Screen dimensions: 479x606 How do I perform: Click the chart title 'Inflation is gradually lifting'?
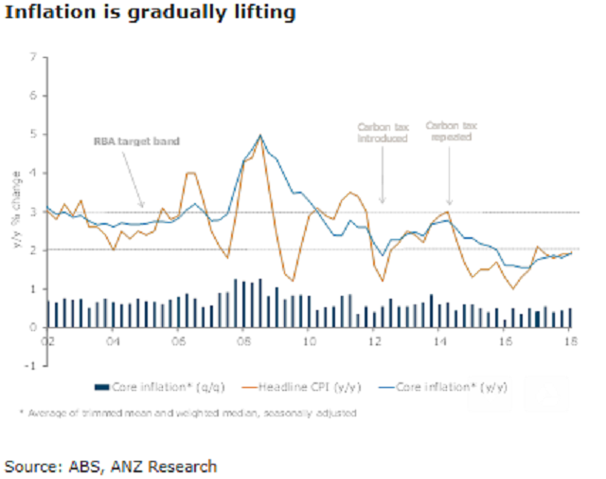point(151,14)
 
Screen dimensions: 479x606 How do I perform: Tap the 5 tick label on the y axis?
point(34,135)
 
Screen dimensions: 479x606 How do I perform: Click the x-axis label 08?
point(243,339)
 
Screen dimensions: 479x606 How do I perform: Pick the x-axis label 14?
point(440,339)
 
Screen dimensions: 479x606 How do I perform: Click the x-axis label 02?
point(46,339)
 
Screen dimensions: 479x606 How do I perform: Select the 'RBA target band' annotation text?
point(136,141)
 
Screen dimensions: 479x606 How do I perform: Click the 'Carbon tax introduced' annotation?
point(382,132)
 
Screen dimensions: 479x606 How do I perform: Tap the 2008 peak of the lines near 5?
point(260,136)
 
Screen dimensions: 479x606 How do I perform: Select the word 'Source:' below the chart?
point(31,466)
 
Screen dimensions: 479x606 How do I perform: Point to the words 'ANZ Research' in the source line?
point(170,466)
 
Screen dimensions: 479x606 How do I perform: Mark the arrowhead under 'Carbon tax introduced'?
point(383,201)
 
